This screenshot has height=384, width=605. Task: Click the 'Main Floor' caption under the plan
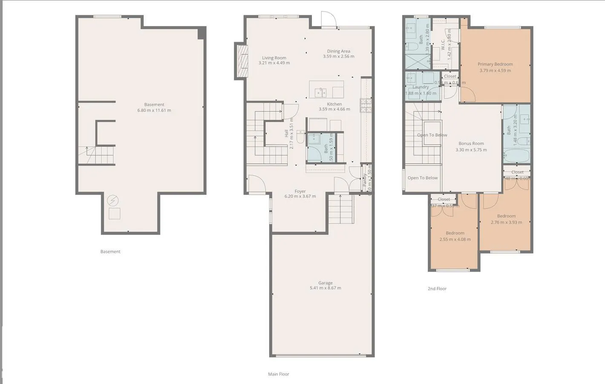(279, 374)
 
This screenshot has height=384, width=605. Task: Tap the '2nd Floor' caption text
(437, 289)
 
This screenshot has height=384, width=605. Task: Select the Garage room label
(325, 283)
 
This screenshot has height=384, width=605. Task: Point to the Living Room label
(274, 58)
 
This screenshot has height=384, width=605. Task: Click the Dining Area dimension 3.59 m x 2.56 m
(338, 56)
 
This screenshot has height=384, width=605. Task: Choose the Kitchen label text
(334, 104)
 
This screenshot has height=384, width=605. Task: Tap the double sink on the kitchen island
(320, 92)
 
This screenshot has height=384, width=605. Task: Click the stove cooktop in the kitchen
(366, 105)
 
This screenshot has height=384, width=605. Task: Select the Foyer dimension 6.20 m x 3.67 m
(300, 196)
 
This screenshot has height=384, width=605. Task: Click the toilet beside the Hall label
(300, 137)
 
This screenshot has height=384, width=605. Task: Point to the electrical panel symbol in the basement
(112, 200)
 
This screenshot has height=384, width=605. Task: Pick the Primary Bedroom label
(495, 64)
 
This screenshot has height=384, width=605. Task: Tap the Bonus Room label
(471, 143)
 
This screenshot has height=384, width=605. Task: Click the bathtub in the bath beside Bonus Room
(516, 156)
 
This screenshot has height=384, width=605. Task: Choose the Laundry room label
(421, 87)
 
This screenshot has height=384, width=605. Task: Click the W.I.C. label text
(443, 45)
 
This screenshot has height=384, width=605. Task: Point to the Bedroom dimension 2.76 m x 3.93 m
(506, 222)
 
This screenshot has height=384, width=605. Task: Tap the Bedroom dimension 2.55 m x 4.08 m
(455, 239)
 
